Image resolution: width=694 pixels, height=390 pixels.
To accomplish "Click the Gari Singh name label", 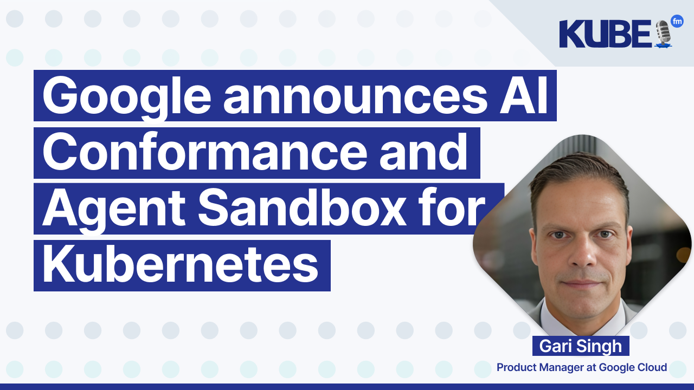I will [581, 346].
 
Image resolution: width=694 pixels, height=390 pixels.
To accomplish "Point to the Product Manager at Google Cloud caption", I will [582, 368].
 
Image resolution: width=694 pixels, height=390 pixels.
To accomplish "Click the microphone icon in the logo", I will [663, 34].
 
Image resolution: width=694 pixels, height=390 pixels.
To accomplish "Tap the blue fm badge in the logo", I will [677, 21].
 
